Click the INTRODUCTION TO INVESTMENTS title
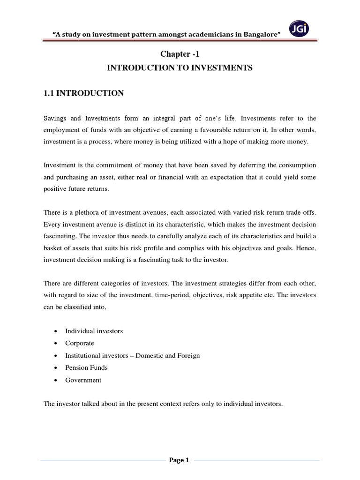tap(180, 68)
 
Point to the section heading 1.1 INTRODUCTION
tap(83, 93)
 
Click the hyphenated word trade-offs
tap(300, 213)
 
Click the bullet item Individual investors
tap(94, 331)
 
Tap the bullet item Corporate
tap(80, 343)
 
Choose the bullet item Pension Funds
tap(86, 367)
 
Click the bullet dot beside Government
tap(55, 380)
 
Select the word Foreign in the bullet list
tap(188, 355)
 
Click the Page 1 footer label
tap(180, 460)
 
